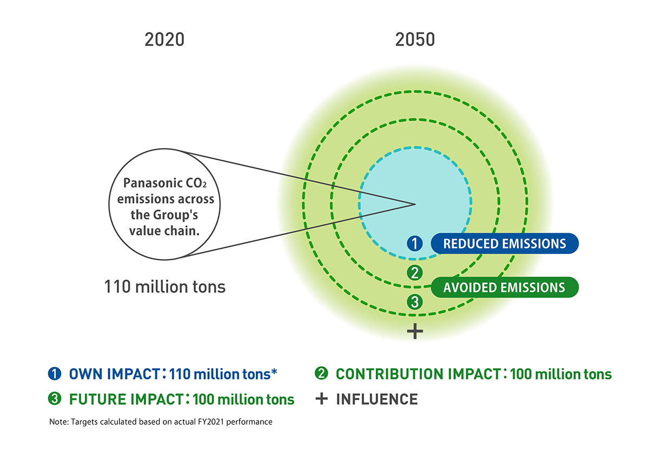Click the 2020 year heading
point(164,40)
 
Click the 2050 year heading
point(415,40)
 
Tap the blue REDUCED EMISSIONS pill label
point(505,244)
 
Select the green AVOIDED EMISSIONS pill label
point(504,287)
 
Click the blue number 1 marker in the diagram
point(414,244)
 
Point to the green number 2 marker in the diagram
point(414,273)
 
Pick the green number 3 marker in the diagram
point(414,302)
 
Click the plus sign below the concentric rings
point(414,331)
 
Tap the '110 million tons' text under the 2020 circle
point(164,286)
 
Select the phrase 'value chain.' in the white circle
point(165,231)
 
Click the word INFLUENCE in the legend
point(377,399)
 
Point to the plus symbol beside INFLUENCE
point(322,399)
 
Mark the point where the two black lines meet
point(414,204)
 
